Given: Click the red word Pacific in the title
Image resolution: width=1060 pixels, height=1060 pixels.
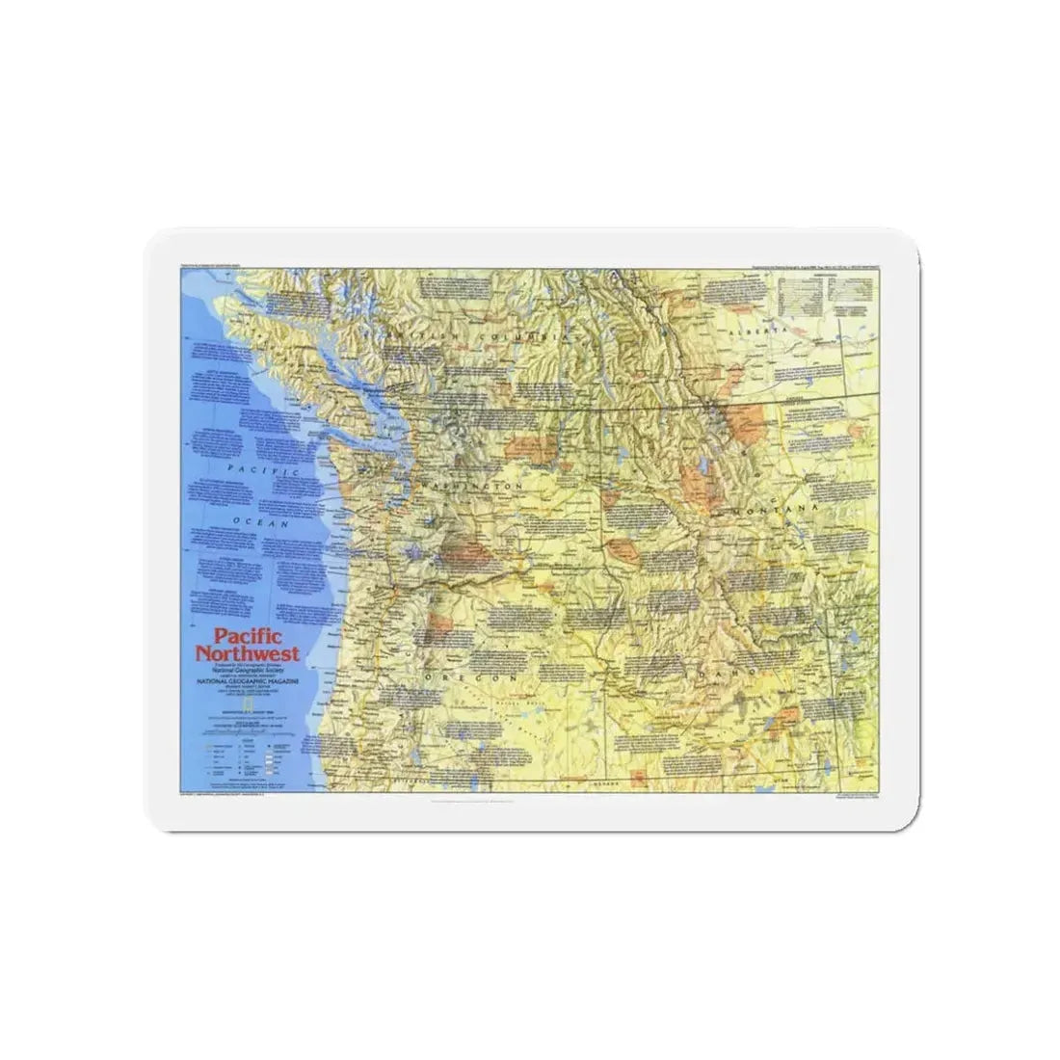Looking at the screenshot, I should [242, 637].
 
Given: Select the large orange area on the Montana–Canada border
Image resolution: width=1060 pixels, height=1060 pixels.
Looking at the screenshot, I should [743, 422].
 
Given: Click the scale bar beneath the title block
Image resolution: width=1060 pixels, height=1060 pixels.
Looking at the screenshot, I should [245, 724].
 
